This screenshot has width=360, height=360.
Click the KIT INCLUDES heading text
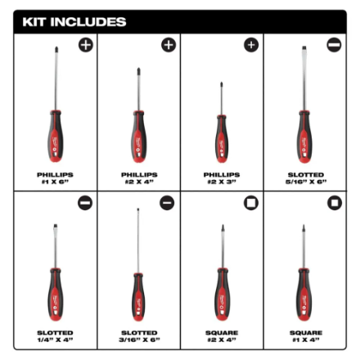(x=74, y=21)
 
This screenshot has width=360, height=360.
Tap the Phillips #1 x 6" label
(x=56, y=178)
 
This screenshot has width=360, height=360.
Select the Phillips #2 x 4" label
(x=139, y=178)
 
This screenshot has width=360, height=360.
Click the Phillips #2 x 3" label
(x=222, y=178)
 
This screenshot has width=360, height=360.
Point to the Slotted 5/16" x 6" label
(x=305, y=178)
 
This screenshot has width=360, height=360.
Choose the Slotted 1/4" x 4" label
(x=56, y=335)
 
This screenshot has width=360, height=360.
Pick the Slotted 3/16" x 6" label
(x=139, y=335)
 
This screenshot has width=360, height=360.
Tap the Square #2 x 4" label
(x=222, y=335)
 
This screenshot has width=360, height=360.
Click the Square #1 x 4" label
(x=305, y=335)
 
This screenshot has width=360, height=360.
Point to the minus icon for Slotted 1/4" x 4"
(x=85, y=202)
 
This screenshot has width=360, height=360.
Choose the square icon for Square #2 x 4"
(x=250, y=202)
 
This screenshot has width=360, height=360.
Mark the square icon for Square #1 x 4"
(x=333, y=202)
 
